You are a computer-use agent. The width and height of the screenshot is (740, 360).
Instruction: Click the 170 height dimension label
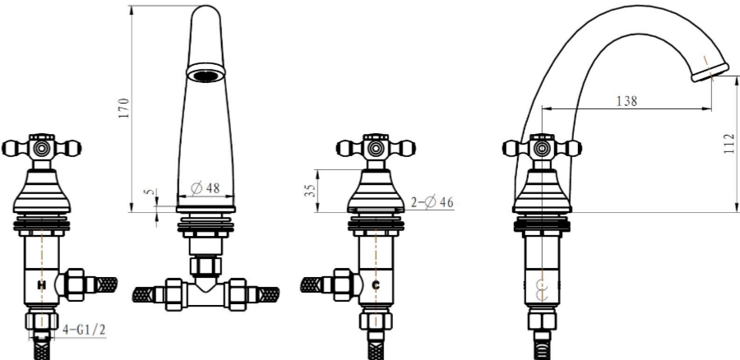(123, 108)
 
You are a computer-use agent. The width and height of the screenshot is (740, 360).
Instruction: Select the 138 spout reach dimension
(627, 101)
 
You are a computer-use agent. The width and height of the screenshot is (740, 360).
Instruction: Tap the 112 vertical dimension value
(729, 144)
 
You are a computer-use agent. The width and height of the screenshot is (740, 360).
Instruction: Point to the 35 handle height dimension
(310, 191)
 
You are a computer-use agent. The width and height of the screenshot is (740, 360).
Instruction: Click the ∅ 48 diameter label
(206, 188)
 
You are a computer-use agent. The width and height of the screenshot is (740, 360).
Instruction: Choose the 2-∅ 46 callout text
(432, 202)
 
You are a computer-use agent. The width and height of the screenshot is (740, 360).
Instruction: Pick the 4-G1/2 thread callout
(84, 330)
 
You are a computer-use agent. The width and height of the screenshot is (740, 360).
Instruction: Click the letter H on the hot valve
(42, 285)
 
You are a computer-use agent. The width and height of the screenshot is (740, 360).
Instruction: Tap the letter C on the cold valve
(376, 285)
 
